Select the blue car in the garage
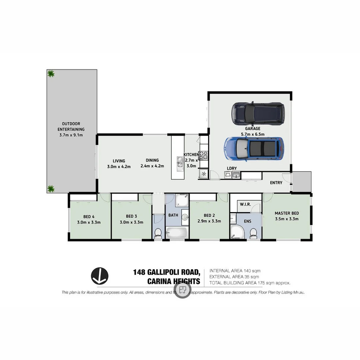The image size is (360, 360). click(254, 149)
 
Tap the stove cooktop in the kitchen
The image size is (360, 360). click(203, 156)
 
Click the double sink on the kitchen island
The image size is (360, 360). click(180, 163)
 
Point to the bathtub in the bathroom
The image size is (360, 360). click(175, 233)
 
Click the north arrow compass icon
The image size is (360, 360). click(100, 276)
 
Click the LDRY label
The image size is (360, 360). click(232, 168)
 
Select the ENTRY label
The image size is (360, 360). click(276, 183)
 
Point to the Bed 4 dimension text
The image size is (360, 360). click(89, 222)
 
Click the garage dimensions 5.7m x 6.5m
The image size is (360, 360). click(252, 134)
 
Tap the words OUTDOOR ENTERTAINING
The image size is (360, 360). click(71, 126)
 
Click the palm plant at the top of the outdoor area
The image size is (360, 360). click(51, 74)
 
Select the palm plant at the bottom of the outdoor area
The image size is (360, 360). click(51, 189)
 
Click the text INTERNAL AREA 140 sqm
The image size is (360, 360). click(235, 271)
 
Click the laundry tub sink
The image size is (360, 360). click(236, 175)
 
